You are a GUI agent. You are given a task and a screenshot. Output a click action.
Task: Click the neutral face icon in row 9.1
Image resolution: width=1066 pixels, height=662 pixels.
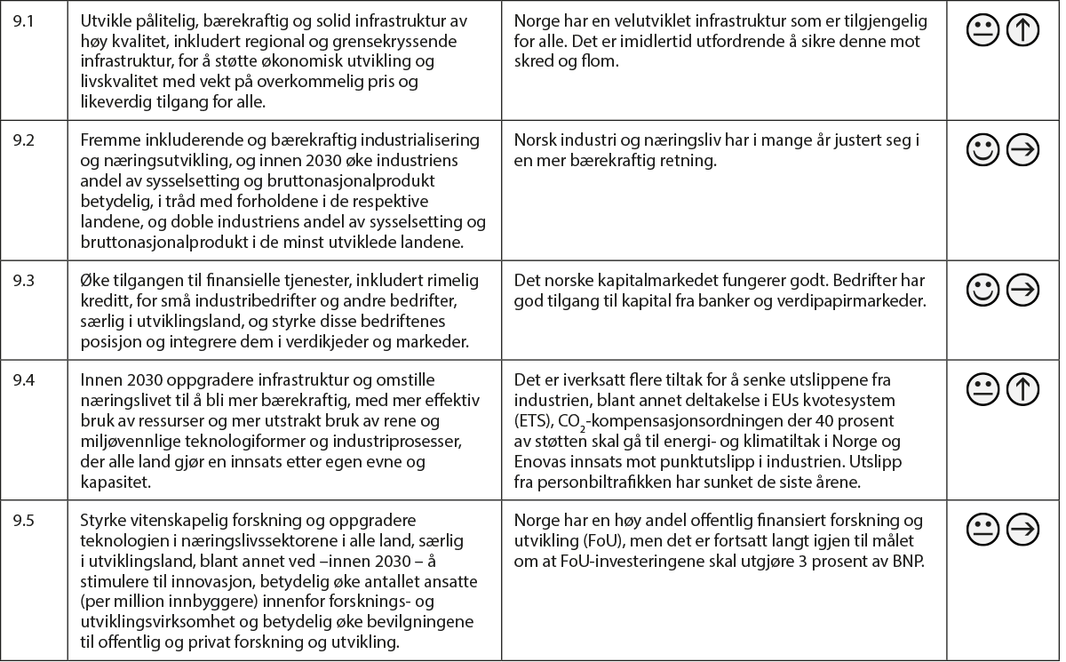[x=982, y=30]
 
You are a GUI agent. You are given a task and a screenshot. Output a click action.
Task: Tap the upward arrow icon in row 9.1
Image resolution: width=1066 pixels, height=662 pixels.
[x=1023, y=30]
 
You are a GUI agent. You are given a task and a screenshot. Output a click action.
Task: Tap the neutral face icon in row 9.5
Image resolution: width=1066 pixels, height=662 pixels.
[x=982, y=530]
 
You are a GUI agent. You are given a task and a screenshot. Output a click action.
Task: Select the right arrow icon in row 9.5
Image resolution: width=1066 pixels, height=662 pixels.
[x=1023, y=530]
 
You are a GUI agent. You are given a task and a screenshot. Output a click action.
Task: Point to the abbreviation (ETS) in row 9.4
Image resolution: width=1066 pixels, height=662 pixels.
[x=532, y=419]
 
